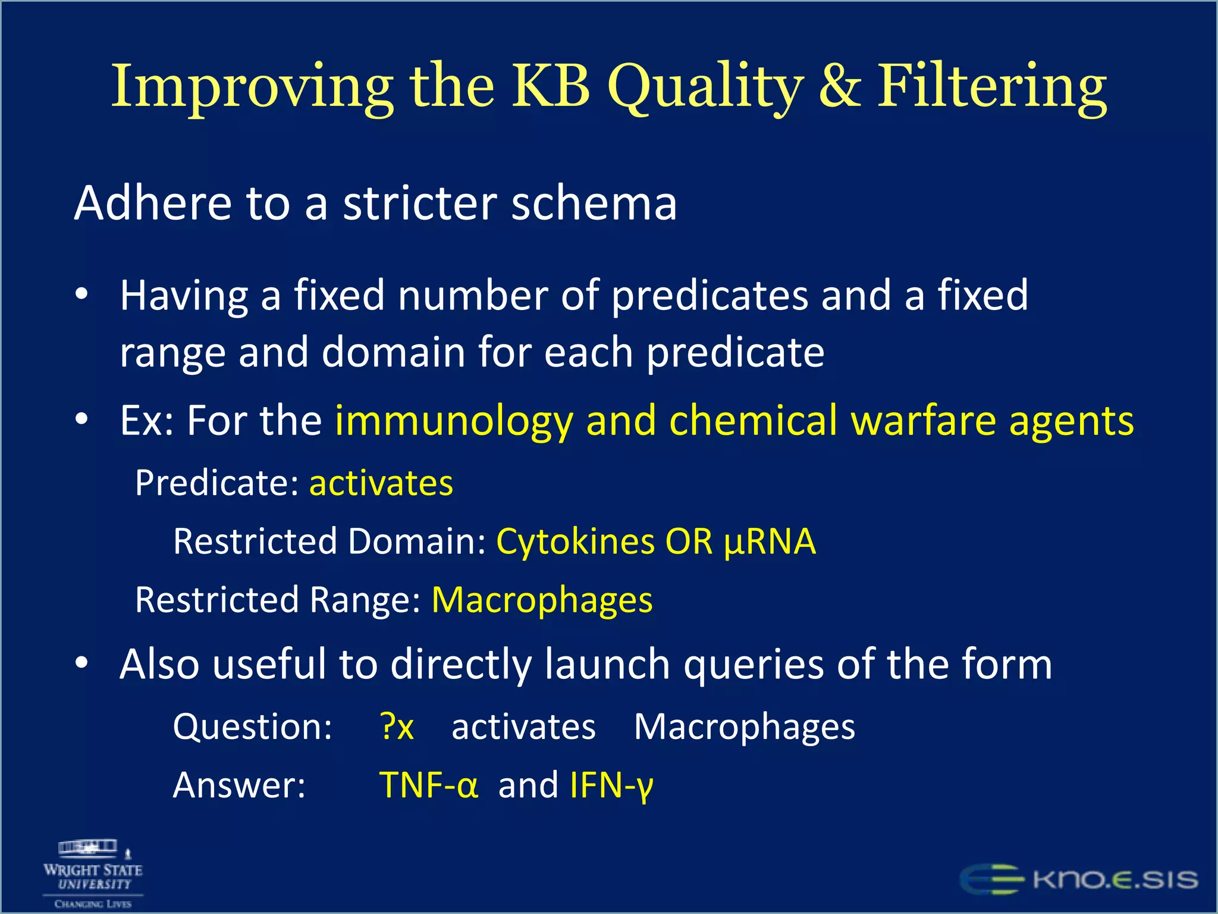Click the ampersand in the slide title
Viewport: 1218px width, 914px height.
(839, 87)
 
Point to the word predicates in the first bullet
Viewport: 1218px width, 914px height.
(710, 296)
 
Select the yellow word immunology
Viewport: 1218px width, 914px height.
(454, 421)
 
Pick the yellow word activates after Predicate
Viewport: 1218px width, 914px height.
(381, 483)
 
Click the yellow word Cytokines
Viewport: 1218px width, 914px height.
(575, 542)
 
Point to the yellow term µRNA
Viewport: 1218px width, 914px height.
(770, 542)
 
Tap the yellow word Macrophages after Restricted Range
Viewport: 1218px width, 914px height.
(542, 600)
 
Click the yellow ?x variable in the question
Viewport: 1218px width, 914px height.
(397, 727)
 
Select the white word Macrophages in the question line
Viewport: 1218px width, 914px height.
(744, 728)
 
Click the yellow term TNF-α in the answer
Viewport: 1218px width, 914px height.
(428, 785)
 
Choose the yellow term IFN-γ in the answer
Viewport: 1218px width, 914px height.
(611, 786)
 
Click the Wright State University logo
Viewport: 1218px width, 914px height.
(93, 874)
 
